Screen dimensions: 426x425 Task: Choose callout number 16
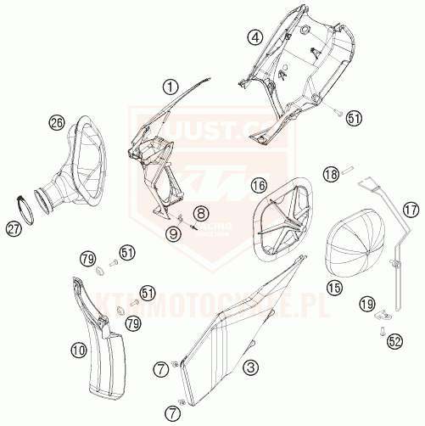(x=258, y=184)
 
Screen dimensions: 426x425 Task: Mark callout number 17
(x=410, y=209)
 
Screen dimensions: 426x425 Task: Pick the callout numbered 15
(x=335, y=289)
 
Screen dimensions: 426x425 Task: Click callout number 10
(x=77, y=348)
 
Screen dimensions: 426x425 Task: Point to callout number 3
(x=251, y=367)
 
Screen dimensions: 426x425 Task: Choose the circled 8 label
(x=200, y=212)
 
